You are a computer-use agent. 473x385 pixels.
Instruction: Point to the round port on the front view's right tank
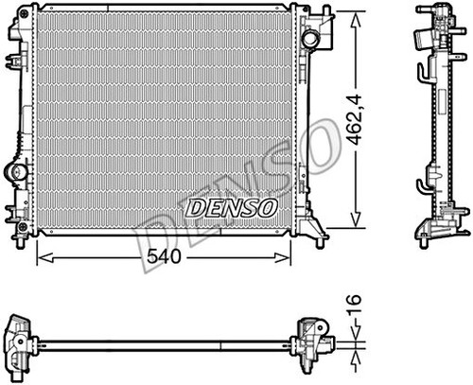point(310,40)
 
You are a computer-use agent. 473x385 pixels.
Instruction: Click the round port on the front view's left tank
point(16,172)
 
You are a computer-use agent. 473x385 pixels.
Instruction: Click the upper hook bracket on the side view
point(419,73)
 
